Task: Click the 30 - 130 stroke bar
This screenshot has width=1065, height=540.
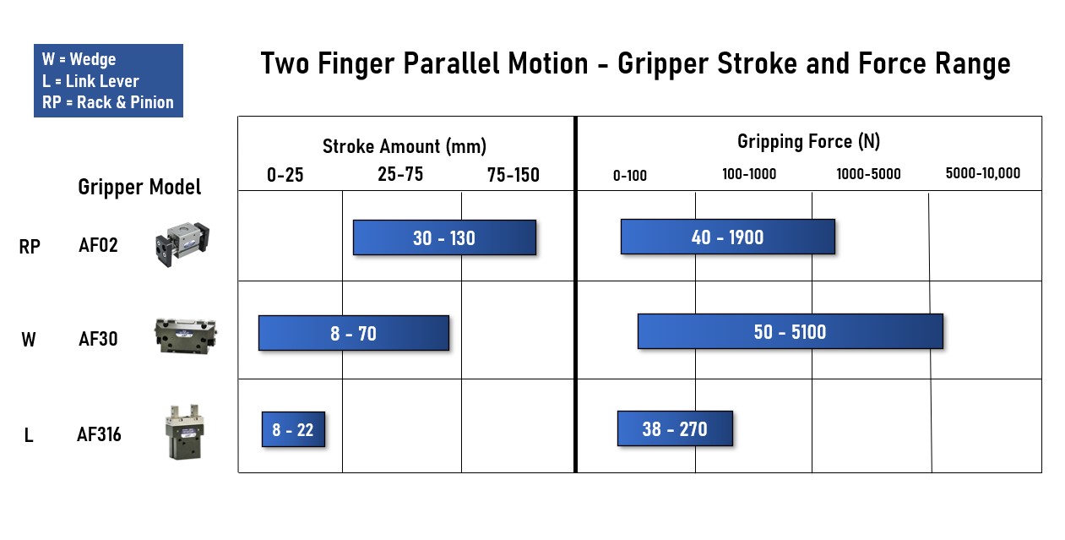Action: pos(444,237)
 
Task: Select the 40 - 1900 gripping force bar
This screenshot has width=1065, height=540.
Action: pos(728,237)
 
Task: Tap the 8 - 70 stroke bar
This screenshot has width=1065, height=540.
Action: pos(354,333)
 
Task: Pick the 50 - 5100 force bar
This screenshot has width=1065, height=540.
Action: pos(791,331)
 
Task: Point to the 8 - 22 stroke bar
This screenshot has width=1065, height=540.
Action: pos(293,429)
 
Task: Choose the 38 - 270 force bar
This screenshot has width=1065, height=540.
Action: pos(675,428)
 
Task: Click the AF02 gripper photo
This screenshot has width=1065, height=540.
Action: pos(182,244)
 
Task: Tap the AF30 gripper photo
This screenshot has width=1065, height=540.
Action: pos(186,335)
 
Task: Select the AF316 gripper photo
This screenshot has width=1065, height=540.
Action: pos(184,432)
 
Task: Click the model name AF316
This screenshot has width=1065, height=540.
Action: pos(99,434)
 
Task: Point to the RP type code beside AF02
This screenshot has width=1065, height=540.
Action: pos(30,247)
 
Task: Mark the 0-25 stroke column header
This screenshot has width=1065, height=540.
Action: pos(285,175)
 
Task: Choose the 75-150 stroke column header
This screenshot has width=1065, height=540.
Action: pos(513,175)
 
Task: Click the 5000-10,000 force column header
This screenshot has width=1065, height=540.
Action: pos(983,173)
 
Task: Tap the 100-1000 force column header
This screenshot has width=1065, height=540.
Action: pos(749,174)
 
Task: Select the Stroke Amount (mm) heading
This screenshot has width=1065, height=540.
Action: pos(405,146)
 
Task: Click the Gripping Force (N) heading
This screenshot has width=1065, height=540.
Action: pos(809,142)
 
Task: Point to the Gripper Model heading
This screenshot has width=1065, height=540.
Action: pos(139,187)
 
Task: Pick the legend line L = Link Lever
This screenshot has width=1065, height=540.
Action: pos(90,81)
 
